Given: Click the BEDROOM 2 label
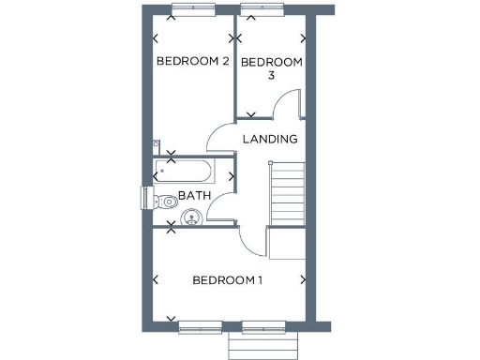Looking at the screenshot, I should [192, 62].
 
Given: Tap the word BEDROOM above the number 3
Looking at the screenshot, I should [272, 62].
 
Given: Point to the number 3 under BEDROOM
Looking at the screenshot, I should [272, 77].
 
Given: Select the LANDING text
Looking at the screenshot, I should [270, 139].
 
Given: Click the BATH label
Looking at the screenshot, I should [194, 196].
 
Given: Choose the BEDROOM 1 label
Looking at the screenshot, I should [228, 280].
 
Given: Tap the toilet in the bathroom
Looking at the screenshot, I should [166, 201].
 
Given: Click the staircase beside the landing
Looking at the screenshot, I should [288, 193].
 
